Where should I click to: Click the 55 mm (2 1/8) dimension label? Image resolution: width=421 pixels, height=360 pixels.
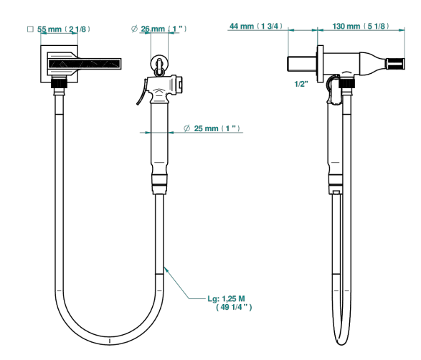coord(64,29)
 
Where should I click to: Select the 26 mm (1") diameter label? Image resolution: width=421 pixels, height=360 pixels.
coord(164,29)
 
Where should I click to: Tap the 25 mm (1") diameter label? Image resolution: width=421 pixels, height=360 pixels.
coord(217,128)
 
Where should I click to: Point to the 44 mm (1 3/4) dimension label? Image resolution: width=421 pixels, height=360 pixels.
coord(256,26)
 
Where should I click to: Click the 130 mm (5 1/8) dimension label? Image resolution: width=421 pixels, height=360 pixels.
coord(361,26)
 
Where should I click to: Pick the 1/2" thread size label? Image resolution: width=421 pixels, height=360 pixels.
coord(301,84)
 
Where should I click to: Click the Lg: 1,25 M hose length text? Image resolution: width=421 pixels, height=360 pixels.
coord(226,298)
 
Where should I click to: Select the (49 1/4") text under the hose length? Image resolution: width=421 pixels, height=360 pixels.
coord(234,307)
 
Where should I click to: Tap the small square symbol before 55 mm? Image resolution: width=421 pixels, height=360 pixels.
coord(30,29)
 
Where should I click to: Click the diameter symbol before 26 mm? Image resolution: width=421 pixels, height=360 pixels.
coord(134,29)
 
